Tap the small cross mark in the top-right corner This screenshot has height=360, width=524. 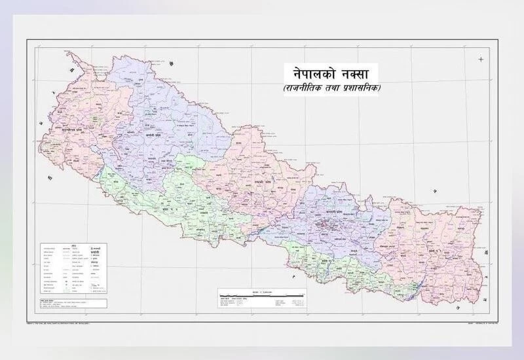tap(481, 60)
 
